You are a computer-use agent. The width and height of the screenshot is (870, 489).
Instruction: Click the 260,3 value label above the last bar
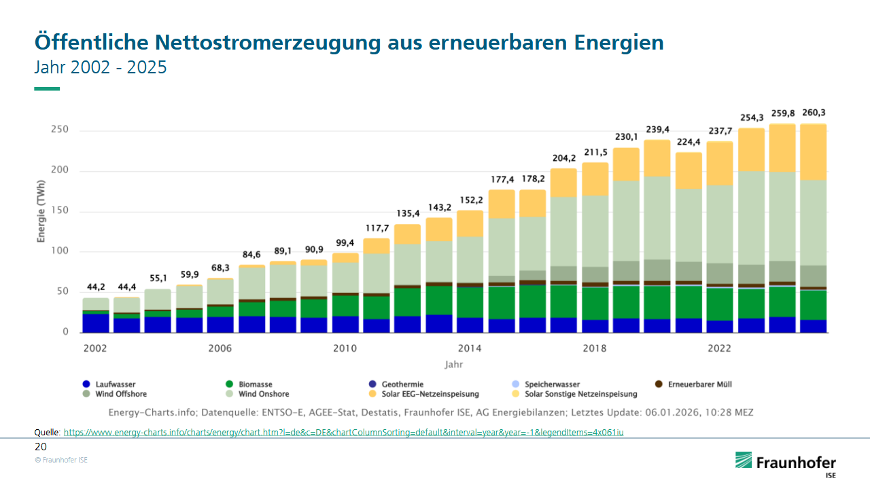tap(814, 113)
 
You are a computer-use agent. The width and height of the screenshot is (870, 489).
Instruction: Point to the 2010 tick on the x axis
tap(345, 348)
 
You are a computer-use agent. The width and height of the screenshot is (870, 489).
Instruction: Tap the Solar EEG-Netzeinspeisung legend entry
tap(429, 394)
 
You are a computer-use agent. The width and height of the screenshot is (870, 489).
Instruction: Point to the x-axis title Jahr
tap(454, 365)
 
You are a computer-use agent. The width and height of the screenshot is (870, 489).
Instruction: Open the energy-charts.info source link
tap(343, 432)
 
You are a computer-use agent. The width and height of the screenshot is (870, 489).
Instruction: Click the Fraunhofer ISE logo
tap(786, 464)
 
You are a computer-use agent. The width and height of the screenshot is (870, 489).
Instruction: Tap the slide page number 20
tap(41, 447)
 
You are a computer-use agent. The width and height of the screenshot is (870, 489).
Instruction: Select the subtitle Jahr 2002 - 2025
tap(101, 68)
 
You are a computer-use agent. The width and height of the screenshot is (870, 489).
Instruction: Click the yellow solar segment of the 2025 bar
tap(814, 152)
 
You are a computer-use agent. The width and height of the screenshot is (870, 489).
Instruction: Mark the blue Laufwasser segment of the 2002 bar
tap(96, 323)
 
